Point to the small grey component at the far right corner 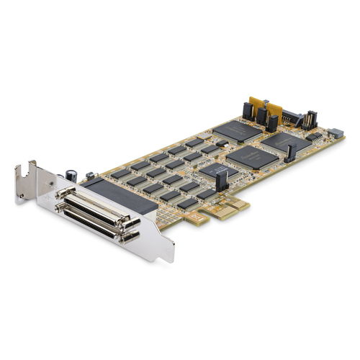click(x=335, y=133)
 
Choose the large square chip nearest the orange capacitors click(x=237, y=130)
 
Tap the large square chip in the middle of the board click(x=252, y=156)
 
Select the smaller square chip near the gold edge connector click(x=215, y=172)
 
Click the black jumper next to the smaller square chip click(x=222, y=181)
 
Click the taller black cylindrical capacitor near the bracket click(x=72, y=176)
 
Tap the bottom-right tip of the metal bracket click(x=170, y=257)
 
